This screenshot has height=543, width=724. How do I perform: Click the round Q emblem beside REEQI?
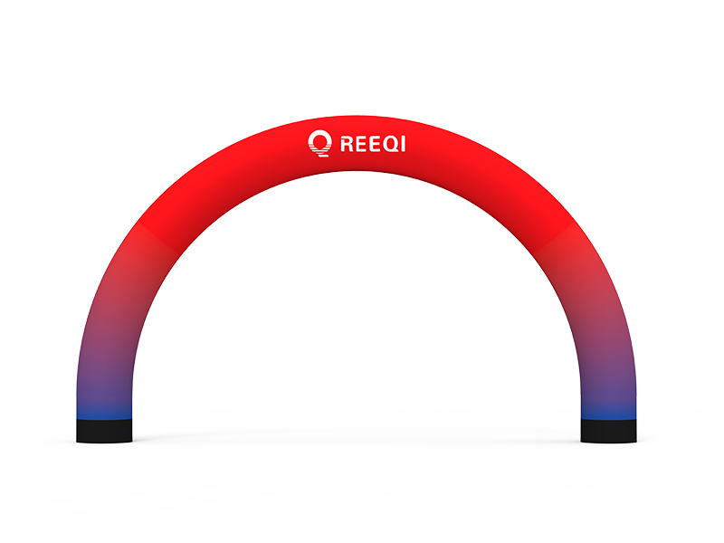point(319,142)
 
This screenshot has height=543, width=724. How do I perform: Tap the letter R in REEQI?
point(347,143)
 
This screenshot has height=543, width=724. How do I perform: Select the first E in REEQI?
point(363,143)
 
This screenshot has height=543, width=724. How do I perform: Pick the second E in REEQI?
point(378,143)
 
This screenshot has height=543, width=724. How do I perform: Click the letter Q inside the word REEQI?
point(395,143)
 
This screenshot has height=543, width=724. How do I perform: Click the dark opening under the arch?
point(362,299)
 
